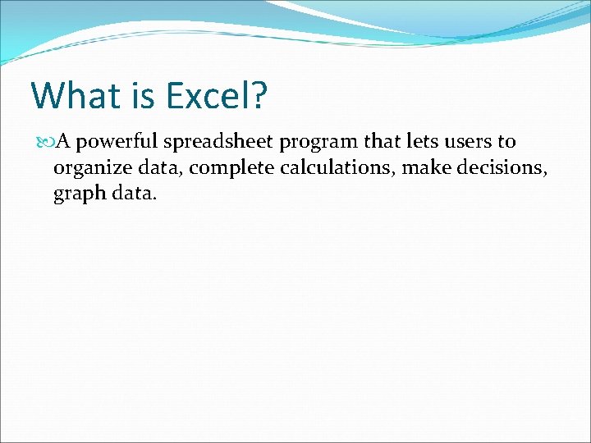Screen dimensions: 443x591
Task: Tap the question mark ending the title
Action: click(x=259, y=95)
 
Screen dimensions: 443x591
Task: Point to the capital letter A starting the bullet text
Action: click(x=62, y=142)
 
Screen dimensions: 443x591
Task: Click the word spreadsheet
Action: click(x=218, y=143)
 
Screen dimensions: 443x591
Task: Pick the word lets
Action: click(x=423, y=142)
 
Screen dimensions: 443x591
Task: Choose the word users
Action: click(x=467, y=143)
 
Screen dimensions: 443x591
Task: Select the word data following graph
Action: click(x=131, y=196)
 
